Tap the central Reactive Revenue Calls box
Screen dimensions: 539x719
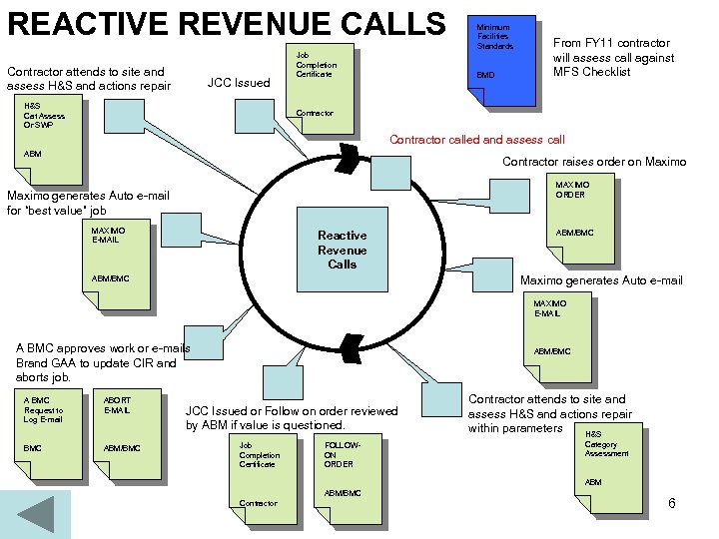point(342,250)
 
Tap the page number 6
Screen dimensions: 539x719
point(672,504)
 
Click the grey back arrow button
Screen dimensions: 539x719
point(36,515)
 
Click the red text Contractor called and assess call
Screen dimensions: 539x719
point(476,140)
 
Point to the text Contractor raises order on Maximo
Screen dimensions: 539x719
point(593,162)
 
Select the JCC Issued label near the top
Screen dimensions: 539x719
point(238,83)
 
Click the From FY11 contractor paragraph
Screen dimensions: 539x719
point(613,57)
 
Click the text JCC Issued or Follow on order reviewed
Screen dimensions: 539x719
point(292,417)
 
